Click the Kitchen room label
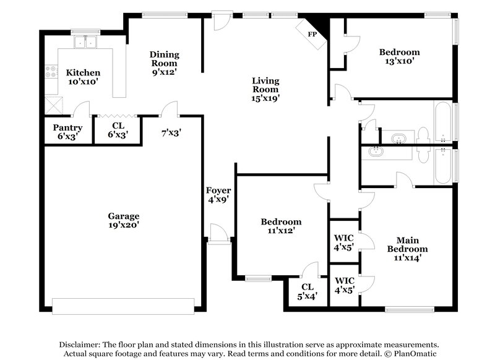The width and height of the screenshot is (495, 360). [83, 73]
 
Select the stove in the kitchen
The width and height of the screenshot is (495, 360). [50, 73]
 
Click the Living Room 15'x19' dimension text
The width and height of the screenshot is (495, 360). [265, 98]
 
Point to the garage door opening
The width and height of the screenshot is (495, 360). [123, 306]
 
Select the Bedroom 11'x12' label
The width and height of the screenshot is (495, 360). [281, 226]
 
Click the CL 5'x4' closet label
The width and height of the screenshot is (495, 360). [308, 291]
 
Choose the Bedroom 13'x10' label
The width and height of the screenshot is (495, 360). [399, 56]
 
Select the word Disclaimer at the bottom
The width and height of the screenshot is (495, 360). [82, 344]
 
